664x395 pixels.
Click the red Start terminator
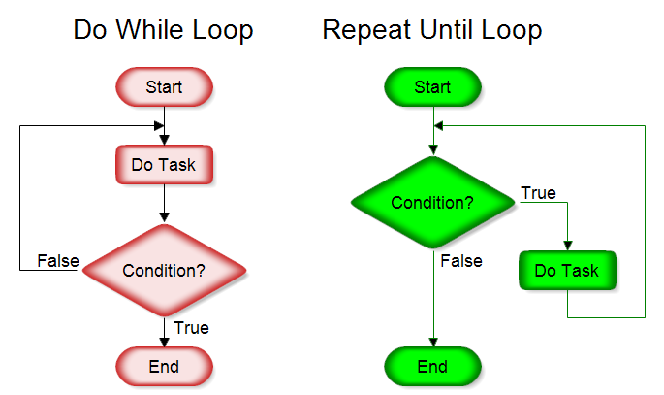coord(164,87)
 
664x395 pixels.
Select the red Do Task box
coord(164,165)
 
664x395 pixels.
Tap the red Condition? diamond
coord(164,270)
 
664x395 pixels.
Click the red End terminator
coord(164,367)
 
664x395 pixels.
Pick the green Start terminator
coord(432,87)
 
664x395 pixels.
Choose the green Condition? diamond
coord(432,203)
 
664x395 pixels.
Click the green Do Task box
coord(568,271)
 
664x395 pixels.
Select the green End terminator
coord(432,367)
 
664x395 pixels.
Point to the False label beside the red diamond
coord(58,261)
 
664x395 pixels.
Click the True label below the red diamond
coord(192,328)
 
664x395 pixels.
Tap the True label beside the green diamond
coord(539,193)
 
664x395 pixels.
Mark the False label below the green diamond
coord(461,261)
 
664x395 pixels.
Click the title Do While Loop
coord(164,30)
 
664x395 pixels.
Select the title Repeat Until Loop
coord(432,30)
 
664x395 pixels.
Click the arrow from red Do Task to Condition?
coord(165,204)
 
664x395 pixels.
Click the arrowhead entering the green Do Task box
coord(568,246)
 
